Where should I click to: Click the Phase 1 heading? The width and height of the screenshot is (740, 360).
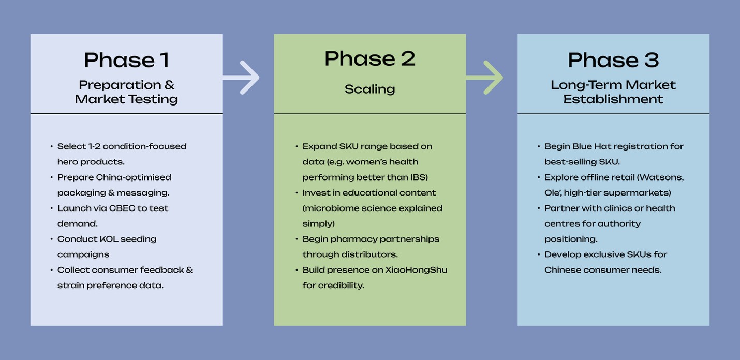click(x=126, y=60)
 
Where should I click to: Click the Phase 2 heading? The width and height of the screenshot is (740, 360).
click(x=369, y=58)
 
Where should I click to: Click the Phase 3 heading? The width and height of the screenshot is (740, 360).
click(x=613, y=60)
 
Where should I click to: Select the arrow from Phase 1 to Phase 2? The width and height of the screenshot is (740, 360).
click(x=242, y=78)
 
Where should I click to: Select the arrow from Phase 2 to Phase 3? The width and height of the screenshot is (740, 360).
click(x=485, y=78)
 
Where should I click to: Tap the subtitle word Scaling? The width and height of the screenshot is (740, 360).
click(x=369, y=89)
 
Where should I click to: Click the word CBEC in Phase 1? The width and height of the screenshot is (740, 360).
click(x=122, y=208)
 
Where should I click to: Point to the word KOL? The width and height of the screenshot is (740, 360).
click(x=109, y=239)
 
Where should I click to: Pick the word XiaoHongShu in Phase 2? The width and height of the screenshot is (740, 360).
click(x=416, y=270)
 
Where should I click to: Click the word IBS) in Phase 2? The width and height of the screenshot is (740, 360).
click(x=419, y=177)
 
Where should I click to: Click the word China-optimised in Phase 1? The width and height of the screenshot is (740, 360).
click(x=134, y=177)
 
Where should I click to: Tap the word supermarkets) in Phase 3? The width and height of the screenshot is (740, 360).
click(x=637, y=193)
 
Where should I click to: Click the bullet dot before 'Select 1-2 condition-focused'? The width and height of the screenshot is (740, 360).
click(x=52, y=147)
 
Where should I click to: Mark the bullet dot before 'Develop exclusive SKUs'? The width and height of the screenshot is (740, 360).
click(x=539, y=255)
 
